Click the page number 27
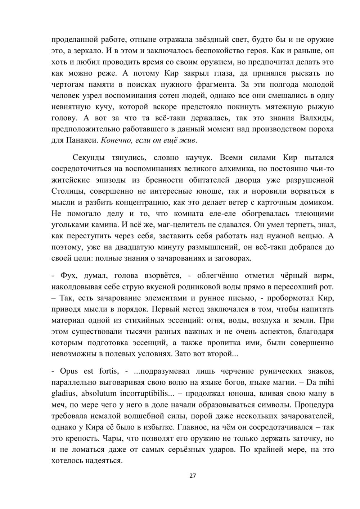(x=193, y=476)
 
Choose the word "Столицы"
(x=66, y=191)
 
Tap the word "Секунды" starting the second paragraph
(x=89, y=157)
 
